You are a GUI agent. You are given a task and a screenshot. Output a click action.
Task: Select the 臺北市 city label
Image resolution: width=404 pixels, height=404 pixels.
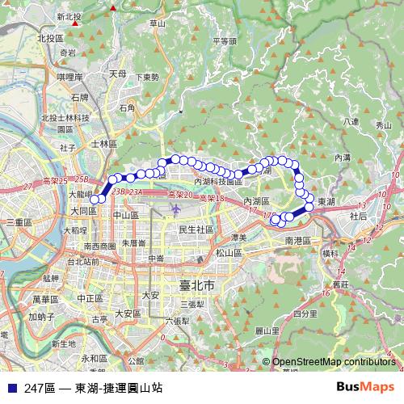click(196, 286)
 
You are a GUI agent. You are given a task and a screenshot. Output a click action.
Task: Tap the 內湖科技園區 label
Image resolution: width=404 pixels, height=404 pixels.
click(218, 182)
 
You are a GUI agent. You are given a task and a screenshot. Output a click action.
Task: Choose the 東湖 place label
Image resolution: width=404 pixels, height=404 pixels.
click(327, 200)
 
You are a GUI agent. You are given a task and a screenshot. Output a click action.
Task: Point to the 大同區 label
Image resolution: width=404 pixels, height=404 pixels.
click(83, 209)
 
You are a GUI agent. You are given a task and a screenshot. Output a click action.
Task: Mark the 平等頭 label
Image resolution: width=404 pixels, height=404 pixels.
click(224, 40)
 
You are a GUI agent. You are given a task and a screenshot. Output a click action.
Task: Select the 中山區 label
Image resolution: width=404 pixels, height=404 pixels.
click(126, 216)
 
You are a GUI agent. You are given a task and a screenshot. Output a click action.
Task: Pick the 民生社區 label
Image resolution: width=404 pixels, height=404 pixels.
click(196, 229)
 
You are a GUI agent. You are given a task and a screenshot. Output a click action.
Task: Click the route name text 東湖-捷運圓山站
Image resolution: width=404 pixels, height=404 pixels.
click(119, 388)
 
